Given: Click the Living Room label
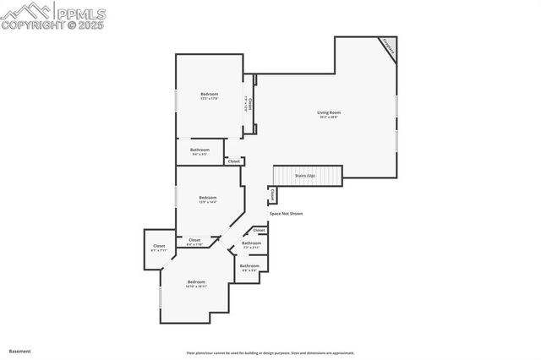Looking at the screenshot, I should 328,112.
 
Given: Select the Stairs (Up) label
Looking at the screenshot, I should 305,176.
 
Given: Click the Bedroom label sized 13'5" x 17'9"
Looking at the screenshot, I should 209,94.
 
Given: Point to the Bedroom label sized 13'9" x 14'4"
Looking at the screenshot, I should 207,197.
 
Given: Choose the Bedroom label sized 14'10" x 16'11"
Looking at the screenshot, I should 196,281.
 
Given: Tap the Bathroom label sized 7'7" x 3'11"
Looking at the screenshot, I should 251,243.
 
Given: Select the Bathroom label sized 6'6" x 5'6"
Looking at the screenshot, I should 249,266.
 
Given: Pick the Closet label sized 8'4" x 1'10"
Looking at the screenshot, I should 194,240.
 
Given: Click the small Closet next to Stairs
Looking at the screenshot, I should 271,195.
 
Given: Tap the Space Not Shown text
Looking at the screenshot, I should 286,214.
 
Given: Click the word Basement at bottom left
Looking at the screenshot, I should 19,350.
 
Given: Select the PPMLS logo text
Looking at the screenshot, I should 79,13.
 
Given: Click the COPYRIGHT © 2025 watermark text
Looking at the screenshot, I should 52,25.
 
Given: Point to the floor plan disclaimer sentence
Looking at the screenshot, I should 270,353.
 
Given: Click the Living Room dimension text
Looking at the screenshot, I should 328,117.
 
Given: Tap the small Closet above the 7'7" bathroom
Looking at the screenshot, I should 259,230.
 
